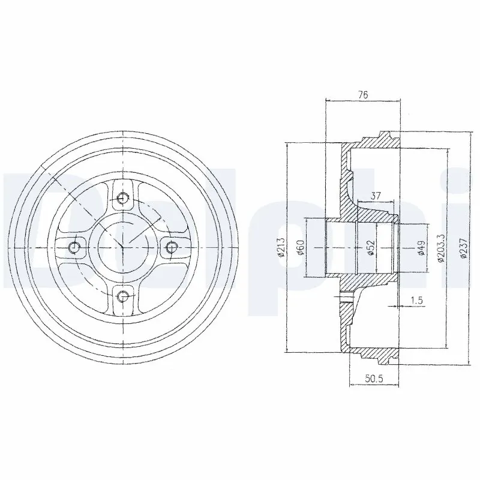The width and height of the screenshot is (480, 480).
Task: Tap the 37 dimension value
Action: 376,196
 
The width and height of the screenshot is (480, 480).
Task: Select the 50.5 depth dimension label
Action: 374,379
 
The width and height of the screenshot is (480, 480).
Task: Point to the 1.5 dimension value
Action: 416,301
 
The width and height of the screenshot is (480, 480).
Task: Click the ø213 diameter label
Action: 281,247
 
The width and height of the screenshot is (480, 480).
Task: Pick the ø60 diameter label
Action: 301,247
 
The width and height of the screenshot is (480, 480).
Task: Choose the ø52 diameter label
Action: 371,247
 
